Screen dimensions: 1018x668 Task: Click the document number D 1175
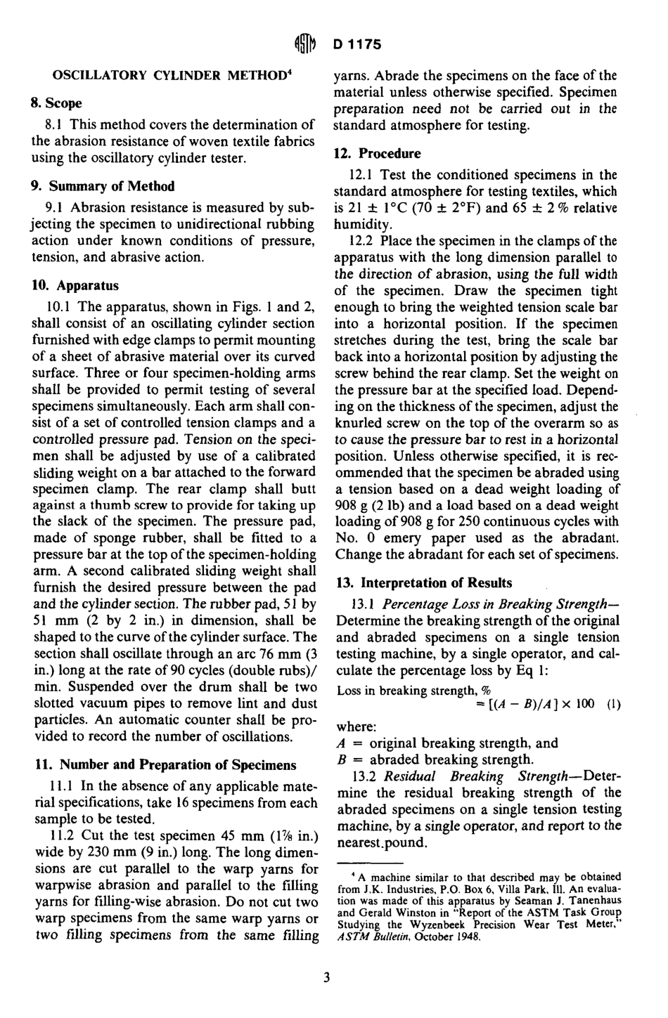tap(357, 44)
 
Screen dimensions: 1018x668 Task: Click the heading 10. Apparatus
tap(75, 285)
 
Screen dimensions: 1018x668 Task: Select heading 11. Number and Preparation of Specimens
tap(165, 764)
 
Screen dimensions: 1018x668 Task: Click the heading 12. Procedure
tap(378, 153)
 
